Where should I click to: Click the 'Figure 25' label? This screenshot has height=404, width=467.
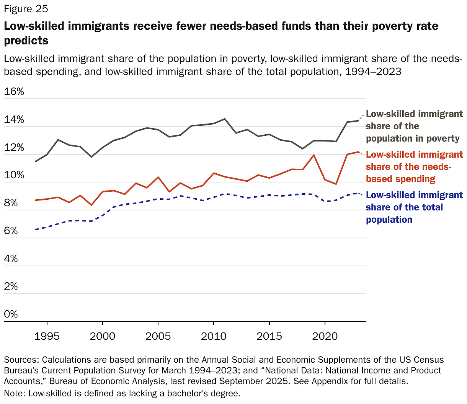tap(26, 8)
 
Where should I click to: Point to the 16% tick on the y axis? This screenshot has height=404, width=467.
tap(14, 92)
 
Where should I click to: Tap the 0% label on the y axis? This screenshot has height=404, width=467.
tap(11, 314)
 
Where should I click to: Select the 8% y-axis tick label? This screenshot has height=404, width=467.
tap(11, 203)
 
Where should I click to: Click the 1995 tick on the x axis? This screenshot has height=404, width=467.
tap(47, 336)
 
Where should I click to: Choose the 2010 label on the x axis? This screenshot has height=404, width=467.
tap(214, 336)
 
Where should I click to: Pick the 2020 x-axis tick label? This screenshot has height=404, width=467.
tap(325, 336)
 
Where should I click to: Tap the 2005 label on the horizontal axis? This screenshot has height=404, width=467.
tap(158, 336)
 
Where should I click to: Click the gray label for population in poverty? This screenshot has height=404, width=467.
tap(414, 126)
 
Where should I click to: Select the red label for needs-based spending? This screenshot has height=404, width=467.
tap(414, 167)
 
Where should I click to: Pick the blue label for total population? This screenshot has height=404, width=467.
tap(414, 207)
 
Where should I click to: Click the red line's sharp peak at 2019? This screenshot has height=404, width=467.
tap(314, 155)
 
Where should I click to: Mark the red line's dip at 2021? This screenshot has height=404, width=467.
tap(336, 184)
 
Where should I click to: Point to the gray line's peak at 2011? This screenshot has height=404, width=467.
tap(225, 119)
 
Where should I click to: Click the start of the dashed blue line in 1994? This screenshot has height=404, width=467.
tap(36, 230)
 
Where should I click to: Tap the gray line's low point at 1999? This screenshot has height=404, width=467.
tap(91, 157)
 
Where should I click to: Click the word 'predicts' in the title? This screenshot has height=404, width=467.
tap(26, 41)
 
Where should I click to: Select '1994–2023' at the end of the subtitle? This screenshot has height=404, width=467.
tap(373, 71)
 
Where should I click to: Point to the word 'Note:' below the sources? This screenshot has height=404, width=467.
tap(15, 394)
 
